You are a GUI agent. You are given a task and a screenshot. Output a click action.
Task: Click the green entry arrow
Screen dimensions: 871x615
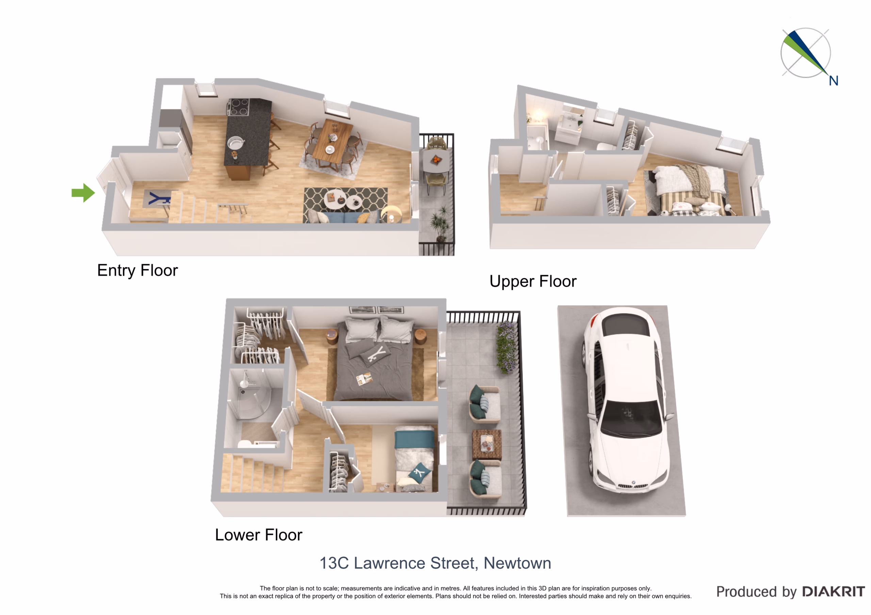click(83, 193)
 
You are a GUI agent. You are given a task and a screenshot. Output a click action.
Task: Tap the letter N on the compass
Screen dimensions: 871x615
click(833, 81)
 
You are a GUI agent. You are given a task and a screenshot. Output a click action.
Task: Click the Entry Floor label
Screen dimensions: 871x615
click(137, 270)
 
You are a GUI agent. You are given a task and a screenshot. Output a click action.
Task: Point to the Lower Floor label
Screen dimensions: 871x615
click(258, 535)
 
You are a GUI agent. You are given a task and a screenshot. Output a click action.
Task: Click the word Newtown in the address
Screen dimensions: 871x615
click(517, 563)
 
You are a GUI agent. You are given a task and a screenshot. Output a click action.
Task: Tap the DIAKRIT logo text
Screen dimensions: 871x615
click(834, 592)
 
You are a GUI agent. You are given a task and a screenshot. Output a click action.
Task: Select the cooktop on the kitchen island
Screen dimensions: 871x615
click(238, 107)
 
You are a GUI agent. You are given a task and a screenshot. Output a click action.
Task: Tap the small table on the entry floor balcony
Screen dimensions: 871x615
click(436, 161)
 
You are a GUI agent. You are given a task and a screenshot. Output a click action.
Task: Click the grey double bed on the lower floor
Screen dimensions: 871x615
click(374, 360)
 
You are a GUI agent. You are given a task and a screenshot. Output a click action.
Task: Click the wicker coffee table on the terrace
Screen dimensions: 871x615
click(487, 445)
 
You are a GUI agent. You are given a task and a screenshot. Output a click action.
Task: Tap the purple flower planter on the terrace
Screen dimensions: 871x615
click(506, 347)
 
